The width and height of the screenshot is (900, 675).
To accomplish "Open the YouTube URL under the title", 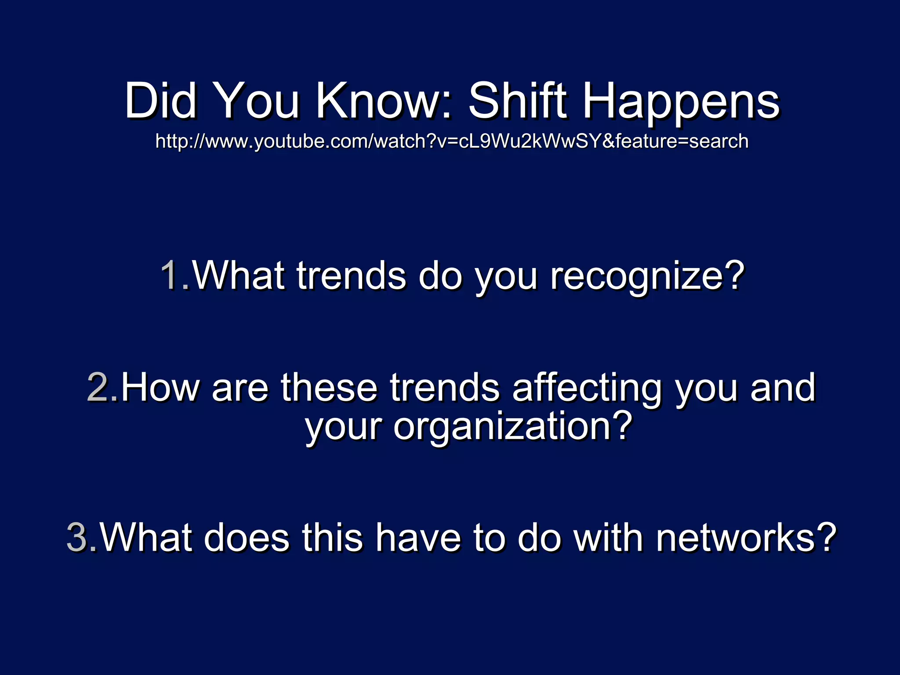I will coord(452,142).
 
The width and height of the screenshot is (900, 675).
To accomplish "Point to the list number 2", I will coord(98,387).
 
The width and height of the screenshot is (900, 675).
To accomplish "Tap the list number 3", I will coord(76,537).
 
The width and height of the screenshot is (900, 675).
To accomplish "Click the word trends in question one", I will coord(352,276).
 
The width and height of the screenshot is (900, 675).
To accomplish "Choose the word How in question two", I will coord(160,387).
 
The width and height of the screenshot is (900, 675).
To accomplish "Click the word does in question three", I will coord(246,537).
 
